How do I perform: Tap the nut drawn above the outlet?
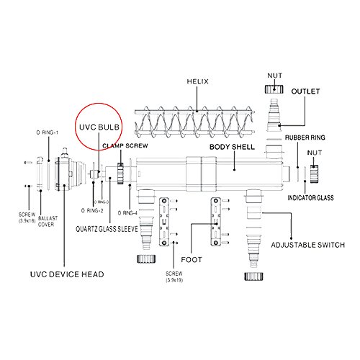[x=274, y=91]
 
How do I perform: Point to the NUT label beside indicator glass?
[x=315, y=153]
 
